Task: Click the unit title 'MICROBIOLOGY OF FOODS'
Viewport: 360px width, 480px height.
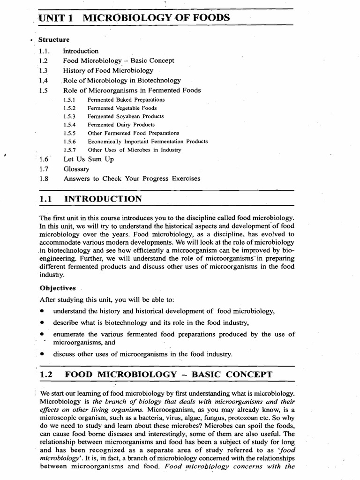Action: click(156, 18)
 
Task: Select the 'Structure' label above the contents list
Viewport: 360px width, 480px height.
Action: click(54, 40)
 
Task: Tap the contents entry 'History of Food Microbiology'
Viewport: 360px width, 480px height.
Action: click(108, 70)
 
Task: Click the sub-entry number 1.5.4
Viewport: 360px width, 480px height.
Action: click(69, 125)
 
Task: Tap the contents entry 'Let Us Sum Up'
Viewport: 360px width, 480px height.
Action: click(88, 159)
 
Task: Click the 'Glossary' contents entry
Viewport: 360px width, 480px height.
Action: click(76, 169)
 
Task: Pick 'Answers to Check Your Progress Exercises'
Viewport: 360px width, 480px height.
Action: click(132, 179)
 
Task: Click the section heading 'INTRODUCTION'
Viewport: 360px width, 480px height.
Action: click(103, 199)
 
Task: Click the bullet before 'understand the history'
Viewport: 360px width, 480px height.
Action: click(42, 311)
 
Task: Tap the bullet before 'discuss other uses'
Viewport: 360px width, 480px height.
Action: click(42, 354)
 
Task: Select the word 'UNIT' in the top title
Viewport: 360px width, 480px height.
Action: click(54, 18)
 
